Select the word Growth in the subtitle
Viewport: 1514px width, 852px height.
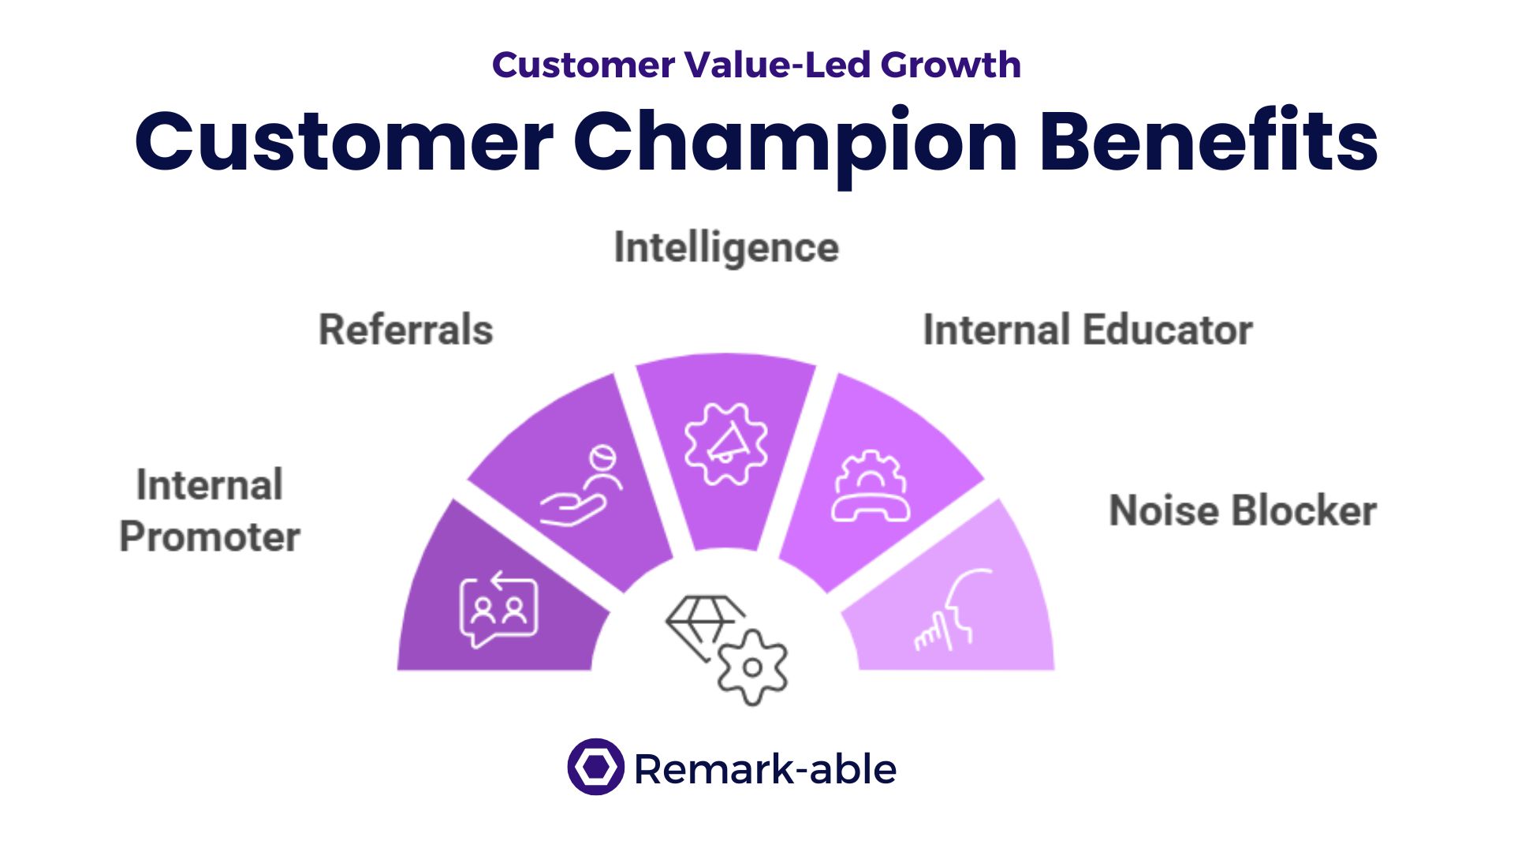coord(951,65)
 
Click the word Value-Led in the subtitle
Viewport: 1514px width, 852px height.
coord(777,65)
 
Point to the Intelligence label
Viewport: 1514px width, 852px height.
coord(726,248)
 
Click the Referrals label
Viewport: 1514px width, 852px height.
coord(405,330)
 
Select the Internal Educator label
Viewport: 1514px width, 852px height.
coord(1087,330)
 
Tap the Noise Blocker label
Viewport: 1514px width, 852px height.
coord(1243,510)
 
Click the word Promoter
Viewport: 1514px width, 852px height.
coord(210,537)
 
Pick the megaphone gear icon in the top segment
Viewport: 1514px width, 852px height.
coord(725,444)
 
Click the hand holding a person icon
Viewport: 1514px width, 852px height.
coord(581,486)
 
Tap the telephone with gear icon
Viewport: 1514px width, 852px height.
coord(871,487)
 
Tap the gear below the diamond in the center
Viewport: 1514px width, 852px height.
coord(752,667)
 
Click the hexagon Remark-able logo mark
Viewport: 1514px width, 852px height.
coord(595,767)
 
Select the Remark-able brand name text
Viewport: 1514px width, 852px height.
coord(765,769)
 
